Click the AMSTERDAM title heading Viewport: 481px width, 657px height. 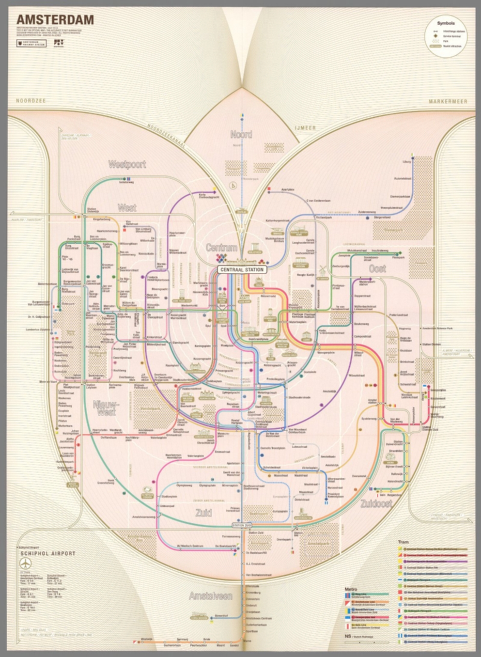(55, 20)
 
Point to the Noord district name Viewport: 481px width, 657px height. (241, 134)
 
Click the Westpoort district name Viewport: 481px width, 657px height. (127, 164)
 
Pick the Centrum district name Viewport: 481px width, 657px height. (221, 248)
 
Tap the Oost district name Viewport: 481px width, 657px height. (377, 268)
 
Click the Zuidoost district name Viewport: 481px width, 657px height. (376, 503)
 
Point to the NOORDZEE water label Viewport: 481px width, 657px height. (31, 101)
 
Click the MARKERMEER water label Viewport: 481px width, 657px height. (448, 102)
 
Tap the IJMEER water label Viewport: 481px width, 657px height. (305, 127)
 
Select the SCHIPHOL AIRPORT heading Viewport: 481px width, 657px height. (48, 553)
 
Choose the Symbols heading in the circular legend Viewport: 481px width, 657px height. (446, 24)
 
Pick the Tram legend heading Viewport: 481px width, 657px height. (403, 542)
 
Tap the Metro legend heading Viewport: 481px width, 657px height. (351, 589)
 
